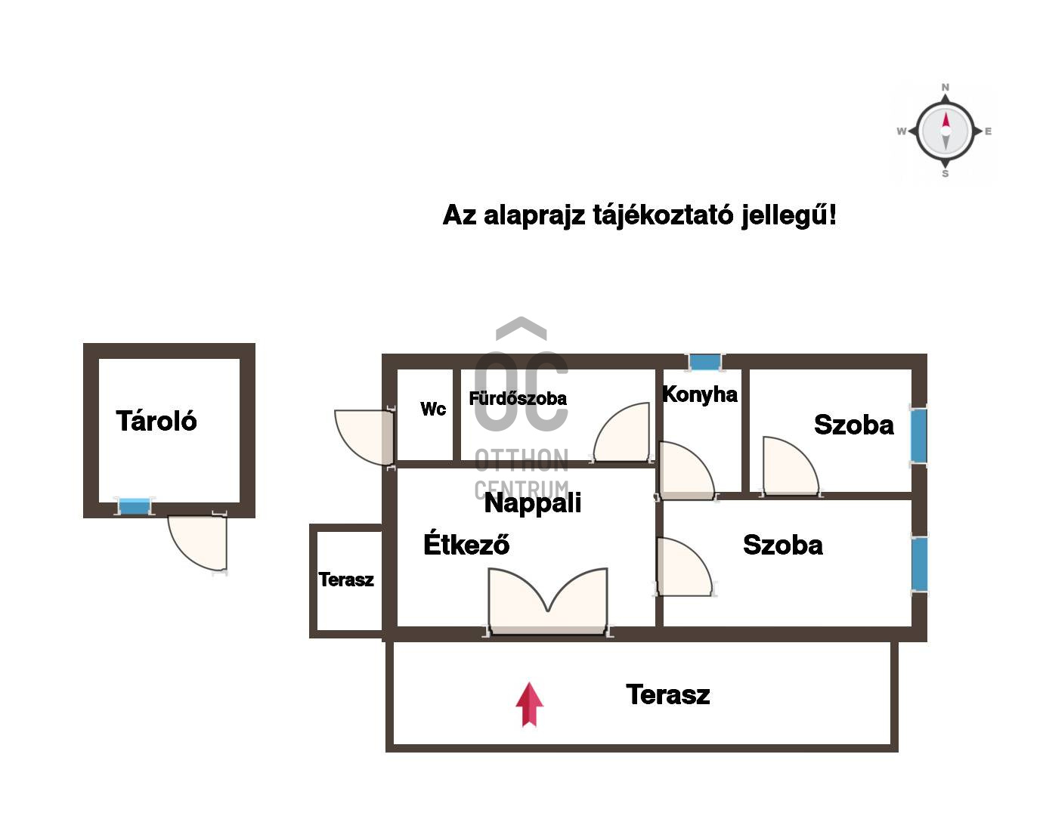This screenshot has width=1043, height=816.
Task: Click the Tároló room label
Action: [x=156, y=421]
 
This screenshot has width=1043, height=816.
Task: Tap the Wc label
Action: [x=433, y=409]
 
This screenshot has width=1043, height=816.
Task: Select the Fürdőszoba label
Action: [x=518, y=398]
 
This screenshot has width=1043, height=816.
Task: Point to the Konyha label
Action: [x=699, y=394]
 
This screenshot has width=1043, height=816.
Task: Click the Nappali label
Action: [x=533, y=503]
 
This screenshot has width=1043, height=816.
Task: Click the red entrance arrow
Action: [x=529, y=704]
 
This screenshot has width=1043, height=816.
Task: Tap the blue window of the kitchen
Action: [x=704, y=362]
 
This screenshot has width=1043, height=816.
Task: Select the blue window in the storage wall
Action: [x=134, y=506]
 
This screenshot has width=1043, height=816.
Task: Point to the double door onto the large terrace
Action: [x=548, y=601]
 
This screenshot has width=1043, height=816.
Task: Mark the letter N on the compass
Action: [x=945, y=88]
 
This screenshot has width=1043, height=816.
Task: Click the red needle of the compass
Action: [x=946, y=120]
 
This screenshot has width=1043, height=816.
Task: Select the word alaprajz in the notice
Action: [x=534, y=216]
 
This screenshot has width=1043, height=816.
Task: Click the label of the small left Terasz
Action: [x=346, y=580]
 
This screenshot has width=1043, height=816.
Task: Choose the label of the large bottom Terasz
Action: [x=667, y=694]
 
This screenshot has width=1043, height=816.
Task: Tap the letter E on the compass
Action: [x=988, y=131]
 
